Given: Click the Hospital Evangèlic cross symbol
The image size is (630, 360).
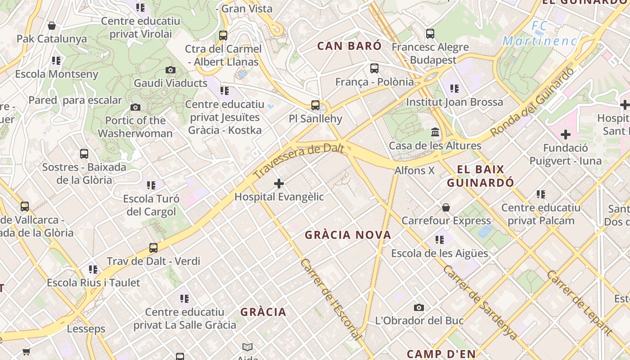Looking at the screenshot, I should [x=279, y=183].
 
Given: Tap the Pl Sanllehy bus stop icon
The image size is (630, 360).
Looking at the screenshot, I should [x=315, y=105].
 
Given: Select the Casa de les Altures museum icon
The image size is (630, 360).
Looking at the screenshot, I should [x=435, y=132].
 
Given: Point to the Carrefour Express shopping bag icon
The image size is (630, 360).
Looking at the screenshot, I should [x=445, y=207].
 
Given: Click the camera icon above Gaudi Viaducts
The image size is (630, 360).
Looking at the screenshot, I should [x=171, y=70].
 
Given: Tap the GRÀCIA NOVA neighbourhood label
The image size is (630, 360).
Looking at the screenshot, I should [x=348, y=235].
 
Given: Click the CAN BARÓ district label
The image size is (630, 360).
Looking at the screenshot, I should [x=349, y=46].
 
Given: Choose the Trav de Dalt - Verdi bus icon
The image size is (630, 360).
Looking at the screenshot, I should [x=153, y=247].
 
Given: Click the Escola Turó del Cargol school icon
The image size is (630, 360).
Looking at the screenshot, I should [x=151, y=185].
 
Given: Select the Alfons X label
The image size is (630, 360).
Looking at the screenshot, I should [x=414, y=171].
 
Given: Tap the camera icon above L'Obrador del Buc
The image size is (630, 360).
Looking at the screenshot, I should [x=419, y=307].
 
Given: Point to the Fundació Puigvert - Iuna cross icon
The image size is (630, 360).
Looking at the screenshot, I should [x=565, y=135].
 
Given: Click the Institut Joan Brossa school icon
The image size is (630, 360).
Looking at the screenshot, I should [x=454, y=89].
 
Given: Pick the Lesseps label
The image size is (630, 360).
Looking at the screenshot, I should [x=86, y=329].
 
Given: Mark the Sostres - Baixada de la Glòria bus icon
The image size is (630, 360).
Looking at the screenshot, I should [x=84, y=153].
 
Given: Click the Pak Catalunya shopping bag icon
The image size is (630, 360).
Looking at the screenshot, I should [x=52, y=26].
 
